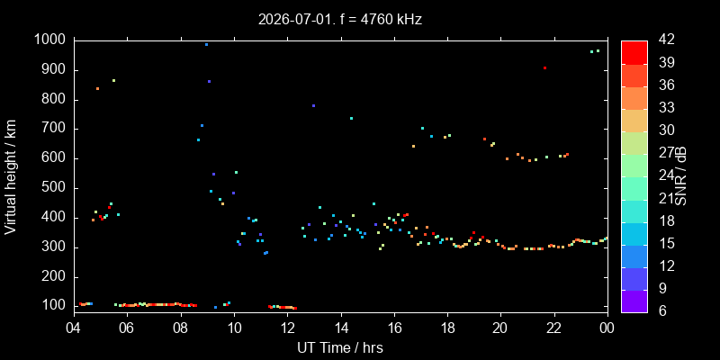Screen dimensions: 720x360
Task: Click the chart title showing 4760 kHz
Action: (340, 20)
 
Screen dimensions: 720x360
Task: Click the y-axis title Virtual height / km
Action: (11, 177)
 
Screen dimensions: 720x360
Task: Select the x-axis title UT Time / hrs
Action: (340, 347)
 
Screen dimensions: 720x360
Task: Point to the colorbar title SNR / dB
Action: (681, 175)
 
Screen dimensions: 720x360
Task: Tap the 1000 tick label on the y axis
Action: (52, 40)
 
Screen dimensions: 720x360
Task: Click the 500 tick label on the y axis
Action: (56, 188)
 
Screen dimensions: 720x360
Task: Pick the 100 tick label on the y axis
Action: (56, 306)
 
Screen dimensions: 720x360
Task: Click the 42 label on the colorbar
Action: (666, 40)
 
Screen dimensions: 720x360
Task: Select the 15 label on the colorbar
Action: (666, 243)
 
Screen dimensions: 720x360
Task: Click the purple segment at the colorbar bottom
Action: (634, 301)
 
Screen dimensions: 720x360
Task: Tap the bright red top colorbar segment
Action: (634, 52)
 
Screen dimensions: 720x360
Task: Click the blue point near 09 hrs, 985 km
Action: (207, 44)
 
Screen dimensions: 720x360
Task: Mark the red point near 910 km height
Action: (544, 68)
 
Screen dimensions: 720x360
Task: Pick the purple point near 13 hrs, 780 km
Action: (313, 105)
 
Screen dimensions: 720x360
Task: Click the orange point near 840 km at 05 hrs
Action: (97, 88)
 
